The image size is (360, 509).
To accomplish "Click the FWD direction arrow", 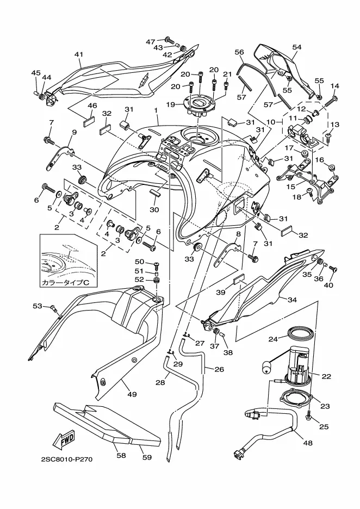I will tap(64, 439).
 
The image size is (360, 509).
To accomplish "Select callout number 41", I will tap(79, 54).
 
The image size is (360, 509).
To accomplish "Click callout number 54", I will tap(296, 48).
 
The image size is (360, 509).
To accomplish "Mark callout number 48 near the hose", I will tap(308, 443).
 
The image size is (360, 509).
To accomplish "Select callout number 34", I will tap(292, 299).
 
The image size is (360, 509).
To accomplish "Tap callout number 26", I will tap(219, 369).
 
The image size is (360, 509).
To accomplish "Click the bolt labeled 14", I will tap(332, 100).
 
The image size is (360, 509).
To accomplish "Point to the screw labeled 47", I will tap(169, 40).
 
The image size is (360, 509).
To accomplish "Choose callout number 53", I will tap(37, 306).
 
